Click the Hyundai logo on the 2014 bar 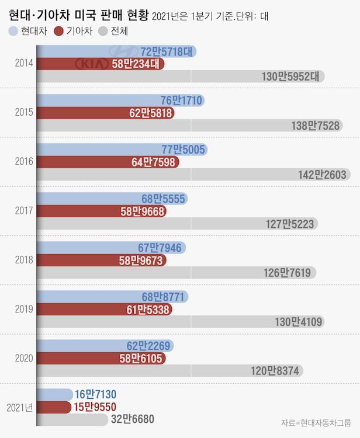(x=125, y=51)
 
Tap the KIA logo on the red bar (x=93, y=64)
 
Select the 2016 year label (x=24, y=161)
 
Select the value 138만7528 (x=316, y=125)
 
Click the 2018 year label (x=24, y=260)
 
